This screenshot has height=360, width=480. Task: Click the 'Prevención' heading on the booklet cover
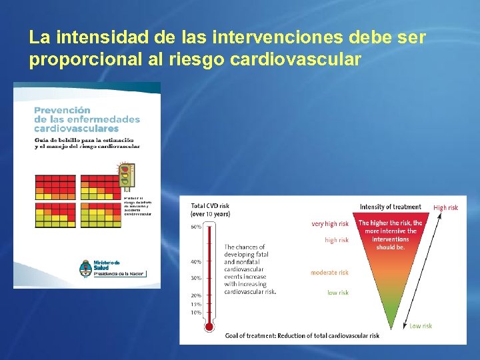pyautogui.click(x=62, y=110)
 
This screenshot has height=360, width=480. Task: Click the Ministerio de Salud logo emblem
pyautogui.click(x=85, y=267)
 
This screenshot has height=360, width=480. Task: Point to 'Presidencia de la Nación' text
pyautogui.click(x=119, y=273)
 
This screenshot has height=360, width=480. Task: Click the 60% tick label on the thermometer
pyautogui.click(x=196, y=227)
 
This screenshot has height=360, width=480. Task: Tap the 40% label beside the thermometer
pyautogui.click(x=196, y=262)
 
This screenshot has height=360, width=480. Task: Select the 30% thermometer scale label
pyautogui.click(x=196, y=278)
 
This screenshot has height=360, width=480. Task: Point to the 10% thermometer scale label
pyautogui.click(x=196, y=312)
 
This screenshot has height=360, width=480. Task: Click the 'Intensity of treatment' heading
pyautogui.click(x=390, y=207)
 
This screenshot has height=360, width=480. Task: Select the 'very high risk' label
pyautogui.click(x=330, y=224)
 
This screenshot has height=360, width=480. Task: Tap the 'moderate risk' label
pyautogui.click(x=329, y=273)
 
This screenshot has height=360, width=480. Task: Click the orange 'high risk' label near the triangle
pyautogui.click(x=336, y=240)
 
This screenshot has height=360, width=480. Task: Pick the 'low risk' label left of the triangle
pyautogui.click(x=337, y=293)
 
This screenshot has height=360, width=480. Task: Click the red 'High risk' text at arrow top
pyautogui.click(x=445, y=207)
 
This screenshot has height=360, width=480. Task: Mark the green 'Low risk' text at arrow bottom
pyautogui.click(x=421, y=326)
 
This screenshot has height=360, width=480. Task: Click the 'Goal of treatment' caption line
pyautogui.click(x=302, y=335)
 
